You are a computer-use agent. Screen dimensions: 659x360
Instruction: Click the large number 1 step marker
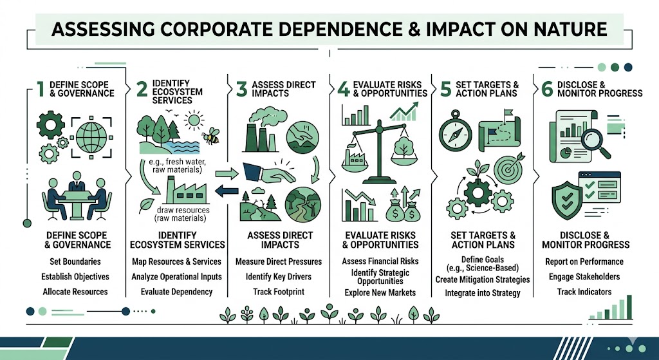click(x=41, y=89)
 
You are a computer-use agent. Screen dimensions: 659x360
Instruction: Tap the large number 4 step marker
click(x=344, y=89)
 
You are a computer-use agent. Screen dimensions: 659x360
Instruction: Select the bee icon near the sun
click(x=210, y=135)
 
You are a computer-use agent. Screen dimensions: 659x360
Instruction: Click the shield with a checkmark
click(x=568, y=200)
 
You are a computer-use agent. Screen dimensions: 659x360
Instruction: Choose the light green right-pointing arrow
click(x=227, y=173)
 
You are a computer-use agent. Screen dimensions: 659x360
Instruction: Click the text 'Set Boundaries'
click(x=75, y=261)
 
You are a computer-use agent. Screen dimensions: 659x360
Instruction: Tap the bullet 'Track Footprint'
click(x=279, y=292)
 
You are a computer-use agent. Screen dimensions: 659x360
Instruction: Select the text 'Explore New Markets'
click(x=380, y=292)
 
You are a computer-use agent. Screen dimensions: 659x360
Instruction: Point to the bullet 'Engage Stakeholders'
click(x=584, y=277)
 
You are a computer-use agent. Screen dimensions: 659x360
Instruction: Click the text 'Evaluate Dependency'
click(x=176, y=292)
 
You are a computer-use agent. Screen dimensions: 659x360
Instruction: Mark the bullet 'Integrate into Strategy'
click(x=483, y=293)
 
